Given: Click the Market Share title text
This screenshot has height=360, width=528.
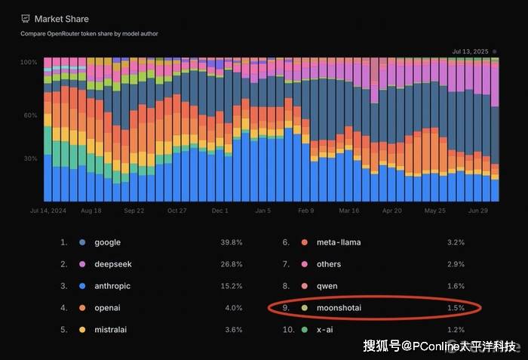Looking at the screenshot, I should (x=61, y=19).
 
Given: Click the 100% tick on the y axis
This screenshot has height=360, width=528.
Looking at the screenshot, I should (x=29, y=62).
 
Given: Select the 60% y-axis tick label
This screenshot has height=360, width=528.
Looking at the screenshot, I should (x=30, y=115).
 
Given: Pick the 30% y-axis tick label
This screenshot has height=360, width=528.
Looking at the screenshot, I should (x=30, y=158).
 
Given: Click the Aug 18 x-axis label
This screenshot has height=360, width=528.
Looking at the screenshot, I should (x=91, y=211).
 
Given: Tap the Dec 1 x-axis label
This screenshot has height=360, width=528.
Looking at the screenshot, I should (x=220, y=211).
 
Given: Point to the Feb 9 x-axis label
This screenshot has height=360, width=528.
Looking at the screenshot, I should (x=305, y=211).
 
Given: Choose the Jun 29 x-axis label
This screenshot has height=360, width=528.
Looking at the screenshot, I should (x=477, y=211).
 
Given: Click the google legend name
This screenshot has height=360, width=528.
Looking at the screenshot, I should (x=107, y=242).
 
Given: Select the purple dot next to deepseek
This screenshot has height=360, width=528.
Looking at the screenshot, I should (x=81, y=264).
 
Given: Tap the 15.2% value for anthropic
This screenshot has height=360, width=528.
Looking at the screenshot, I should (x=232, y=286).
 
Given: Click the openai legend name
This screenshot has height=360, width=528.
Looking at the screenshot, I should (x=108, y=308).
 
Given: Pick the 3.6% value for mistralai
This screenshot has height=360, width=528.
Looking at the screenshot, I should (x=233, y=330).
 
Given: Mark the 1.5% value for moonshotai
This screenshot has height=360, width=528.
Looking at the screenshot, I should (x=455, y=308).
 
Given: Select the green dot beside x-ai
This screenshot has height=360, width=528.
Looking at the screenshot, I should (x=304, y=330).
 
